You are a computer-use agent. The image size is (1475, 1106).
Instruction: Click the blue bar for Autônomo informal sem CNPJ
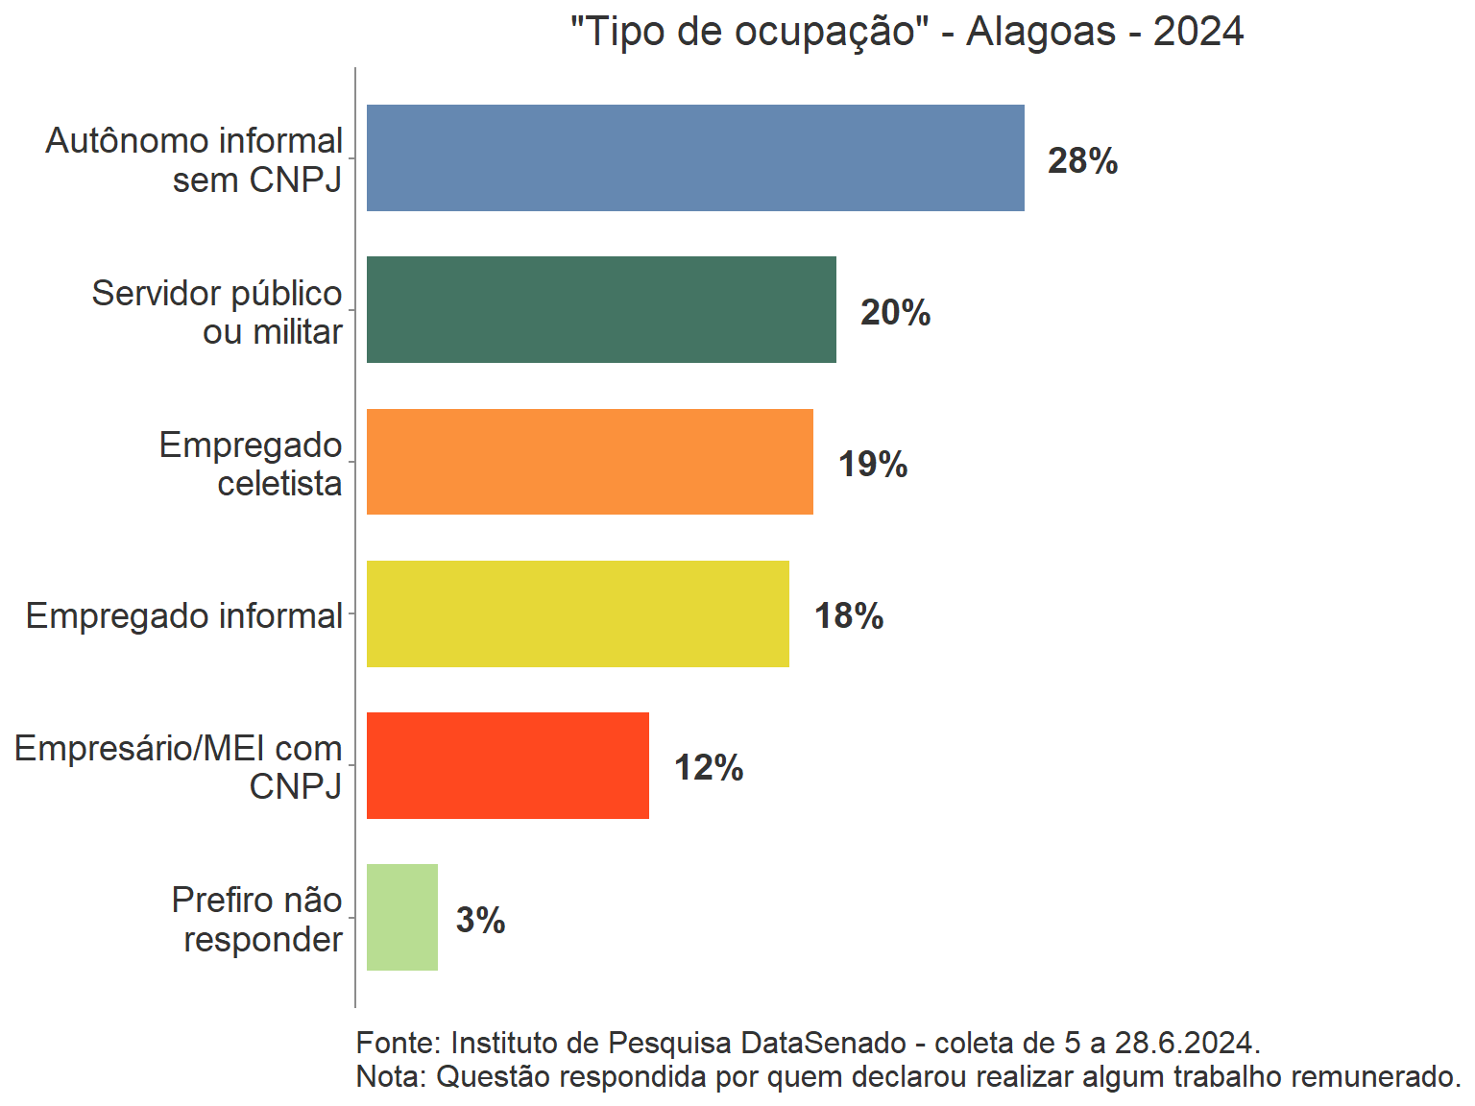(x=695, y=157)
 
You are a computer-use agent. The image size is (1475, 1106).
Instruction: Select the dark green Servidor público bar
(x=601, y=309)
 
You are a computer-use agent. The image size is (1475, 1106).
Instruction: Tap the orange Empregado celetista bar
(x=590, y=462)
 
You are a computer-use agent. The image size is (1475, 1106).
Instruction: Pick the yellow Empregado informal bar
(x=577, y=613)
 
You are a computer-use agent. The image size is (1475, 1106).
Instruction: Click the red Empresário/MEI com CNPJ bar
(x=507, y=765)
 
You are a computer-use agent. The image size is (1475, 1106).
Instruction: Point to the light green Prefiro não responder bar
(x=401, y=917)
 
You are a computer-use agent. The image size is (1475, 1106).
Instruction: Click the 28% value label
(x=1082, y=160)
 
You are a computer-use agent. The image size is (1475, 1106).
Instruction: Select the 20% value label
(x=895, y=312)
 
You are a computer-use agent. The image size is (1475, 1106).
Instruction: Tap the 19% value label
(x=872, y=464)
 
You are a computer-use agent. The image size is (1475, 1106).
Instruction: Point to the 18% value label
(x=848, y=615)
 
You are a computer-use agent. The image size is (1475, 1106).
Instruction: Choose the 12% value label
(x=708, y=767)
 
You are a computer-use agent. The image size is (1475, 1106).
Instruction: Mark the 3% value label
(x=480, y=920)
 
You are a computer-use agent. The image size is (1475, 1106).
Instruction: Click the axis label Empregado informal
(x=183, y=615)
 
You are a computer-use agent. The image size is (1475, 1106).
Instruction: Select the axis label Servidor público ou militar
(x=217, y=312)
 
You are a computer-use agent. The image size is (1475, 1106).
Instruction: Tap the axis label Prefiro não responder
(x=257, y=919)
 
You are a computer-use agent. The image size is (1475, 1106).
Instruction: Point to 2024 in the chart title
(x=1197, y=32)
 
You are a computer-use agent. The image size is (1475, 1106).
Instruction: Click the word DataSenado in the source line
(x=824, y=1043)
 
